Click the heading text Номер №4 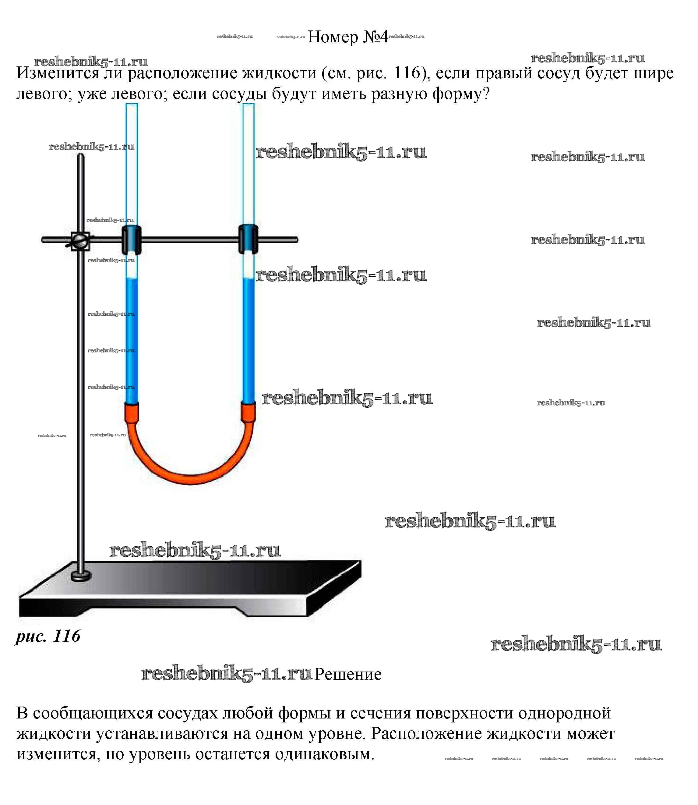348,37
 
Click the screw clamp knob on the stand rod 80,240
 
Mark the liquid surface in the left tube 131,278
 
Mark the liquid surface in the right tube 248,278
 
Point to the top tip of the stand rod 81,155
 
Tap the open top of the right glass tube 248,105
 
